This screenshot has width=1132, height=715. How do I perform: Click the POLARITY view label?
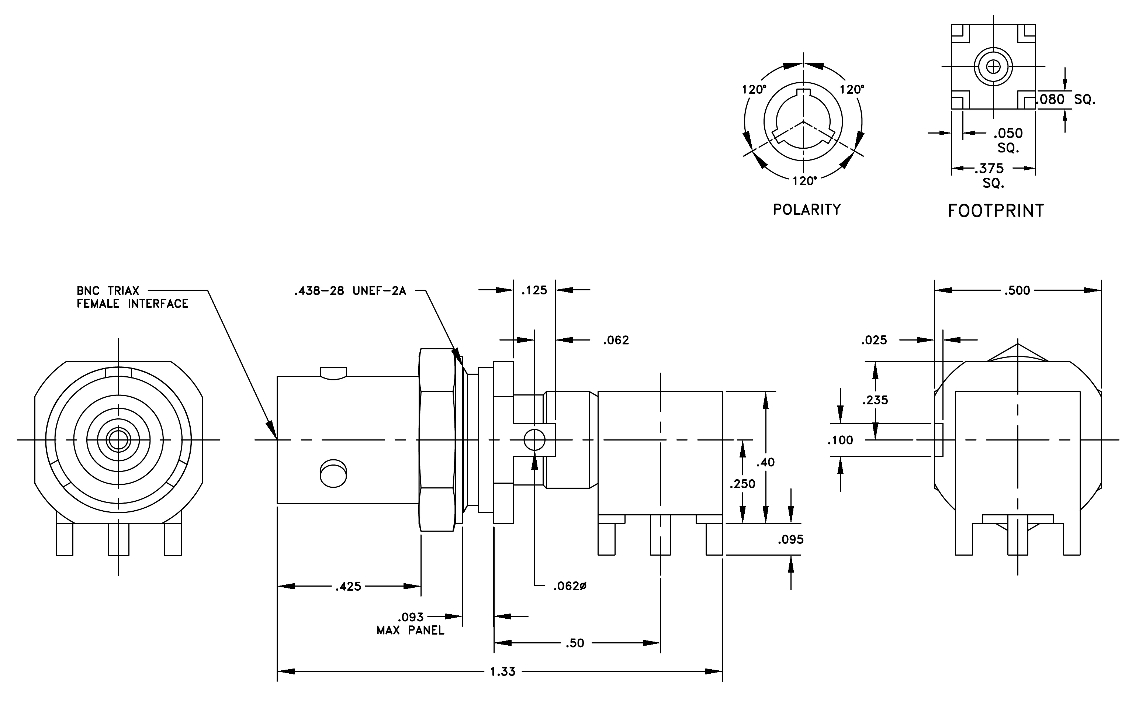[807, 210]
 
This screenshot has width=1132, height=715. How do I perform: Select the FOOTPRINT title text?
[996, 211]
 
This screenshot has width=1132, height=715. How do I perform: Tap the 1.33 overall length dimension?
[502, 672]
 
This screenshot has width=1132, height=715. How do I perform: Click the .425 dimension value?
[348, 586]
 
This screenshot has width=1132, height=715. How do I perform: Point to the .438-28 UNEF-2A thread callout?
[350, 291]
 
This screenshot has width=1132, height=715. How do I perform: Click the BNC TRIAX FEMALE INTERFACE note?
[132, 297]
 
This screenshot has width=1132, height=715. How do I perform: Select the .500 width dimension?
[1017, 290]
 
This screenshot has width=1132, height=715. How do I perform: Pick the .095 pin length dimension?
[791, 540]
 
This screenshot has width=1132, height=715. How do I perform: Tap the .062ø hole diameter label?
[570, 586]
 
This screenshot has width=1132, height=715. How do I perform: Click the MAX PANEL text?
[411, 631]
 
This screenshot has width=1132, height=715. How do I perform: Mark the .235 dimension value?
[875, 400]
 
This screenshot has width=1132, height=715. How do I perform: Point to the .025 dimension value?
[874, 340]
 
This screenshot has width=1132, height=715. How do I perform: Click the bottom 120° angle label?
[804, 181]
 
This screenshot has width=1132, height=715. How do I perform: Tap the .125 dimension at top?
[534, 290]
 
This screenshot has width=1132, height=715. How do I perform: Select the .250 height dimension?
[742, 484]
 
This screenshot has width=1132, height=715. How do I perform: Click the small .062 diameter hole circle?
[534, 441]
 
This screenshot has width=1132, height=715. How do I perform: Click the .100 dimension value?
[840, 441]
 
